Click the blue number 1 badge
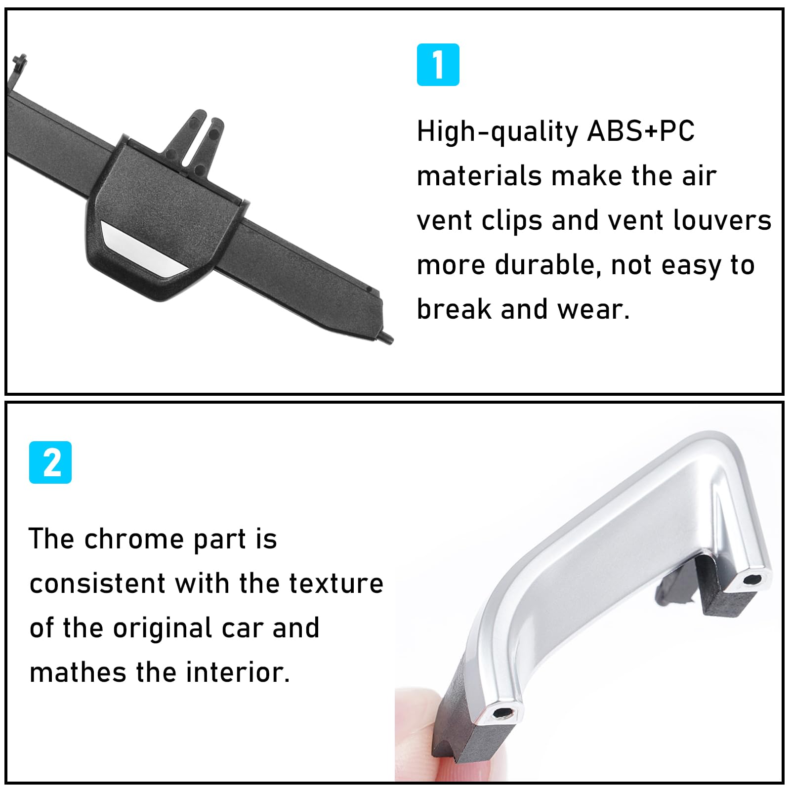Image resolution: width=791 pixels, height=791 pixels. click(x=438, y=65)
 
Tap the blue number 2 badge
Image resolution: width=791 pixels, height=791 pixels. click(x=50, y=462)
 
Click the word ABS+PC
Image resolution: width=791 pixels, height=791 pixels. click(x=641, y=131)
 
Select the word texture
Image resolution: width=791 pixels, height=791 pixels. click(x=336, y=583)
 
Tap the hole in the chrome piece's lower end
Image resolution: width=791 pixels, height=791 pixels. click(x=503, y=713)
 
